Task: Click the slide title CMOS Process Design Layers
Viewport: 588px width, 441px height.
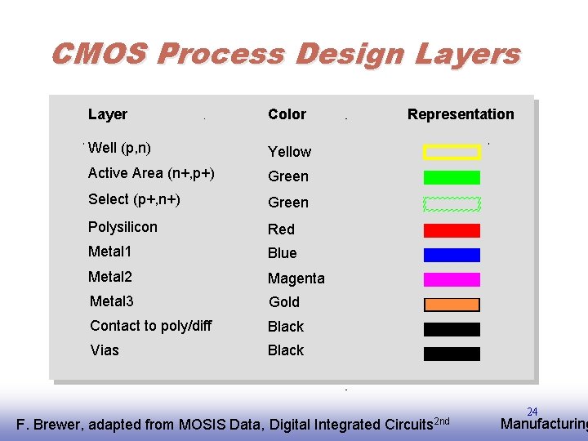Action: (285, 55)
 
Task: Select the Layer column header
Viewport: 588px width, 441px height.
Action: (108, 114)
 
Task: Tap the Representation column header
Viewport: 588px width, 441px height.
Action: (461, 114)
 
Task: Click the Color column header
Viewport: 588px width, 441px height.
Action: (287, 114)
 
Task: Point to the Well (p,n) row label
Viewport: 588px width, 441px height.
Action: (119, 148)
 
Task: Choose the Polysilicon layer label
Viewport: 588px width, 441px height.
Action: (123, 227)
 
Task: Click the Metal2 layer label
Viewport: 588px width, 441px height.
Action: (110, 277)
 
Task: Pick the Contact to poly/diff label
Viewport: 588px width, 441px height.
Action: (151, 326)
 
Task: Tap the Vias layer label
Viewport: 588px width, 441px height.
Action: (105, 350)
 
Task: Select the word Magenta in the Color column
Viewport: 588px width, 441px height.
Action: (296, 278)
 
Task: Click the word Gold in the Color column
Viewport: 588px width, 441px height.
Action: (284, 302)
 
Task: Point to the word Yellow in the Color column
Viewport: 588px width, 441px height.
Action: (290, 152)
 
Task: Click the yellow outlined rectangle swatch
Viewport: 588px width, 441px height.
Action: (452, 152)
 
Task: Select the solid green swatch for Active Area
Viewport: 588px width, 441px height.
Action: (452, 177)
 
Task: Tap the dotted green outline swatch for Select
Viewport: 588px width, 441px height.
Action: (452, 204)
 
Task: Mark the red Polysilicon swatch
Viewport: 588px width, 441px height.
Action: (452, 230)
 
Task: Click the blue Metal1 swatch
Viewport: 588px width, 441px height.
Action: (452, 255)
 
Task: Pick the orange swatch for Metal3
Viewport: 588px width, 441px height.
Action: (452, 305)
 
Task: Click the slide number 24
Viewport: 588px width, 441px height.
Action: (532, 412)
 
